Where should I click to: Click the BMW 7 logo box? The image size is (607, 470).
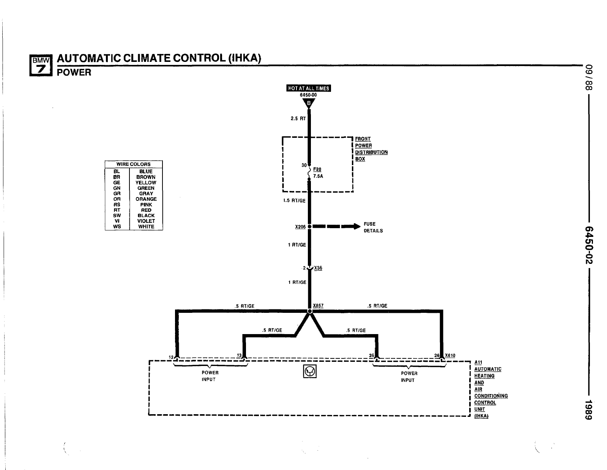(x=40, y=65)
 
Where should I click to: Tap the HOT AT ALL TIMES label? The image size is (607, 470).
(x=308, y=88)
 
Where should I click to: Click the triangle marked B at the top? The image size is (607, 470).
(x=309, y=103)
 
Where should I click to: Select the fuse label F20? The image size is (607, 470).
(x=317, y=169)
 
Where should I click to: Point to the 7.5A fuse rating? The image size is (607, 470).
(x=318, y=176)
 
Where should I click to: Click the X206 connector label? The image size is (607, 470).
(x=300, y=227)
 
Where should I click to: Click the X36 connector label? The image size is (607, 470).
(x=318, y=268)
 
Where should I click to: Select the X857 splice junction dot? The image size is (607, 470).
(x=309, y=311)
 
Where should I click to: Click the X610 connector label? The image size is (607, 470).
(x=450, y=356)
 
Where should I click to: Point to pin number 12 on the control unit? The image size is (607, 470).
(x=171, y=357)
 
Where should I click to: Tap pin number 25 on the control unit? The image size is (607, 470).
(x=371, y=356)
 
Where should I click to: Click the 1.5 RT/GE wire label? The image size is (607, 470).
(x=294, y=200)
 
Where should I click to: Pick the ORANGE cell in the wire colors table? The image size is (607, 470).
(x=146, y=199)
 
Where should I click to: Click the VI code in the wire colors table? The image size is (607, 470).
(x=117, y=221)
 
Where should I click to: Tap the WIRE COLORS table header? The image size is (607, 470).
(x=133, y=164)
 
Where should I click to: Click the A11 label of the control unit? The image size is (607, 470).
(x=478, y=363)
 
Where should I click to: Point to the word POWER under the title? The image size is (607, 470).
(x=74, y=73)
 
